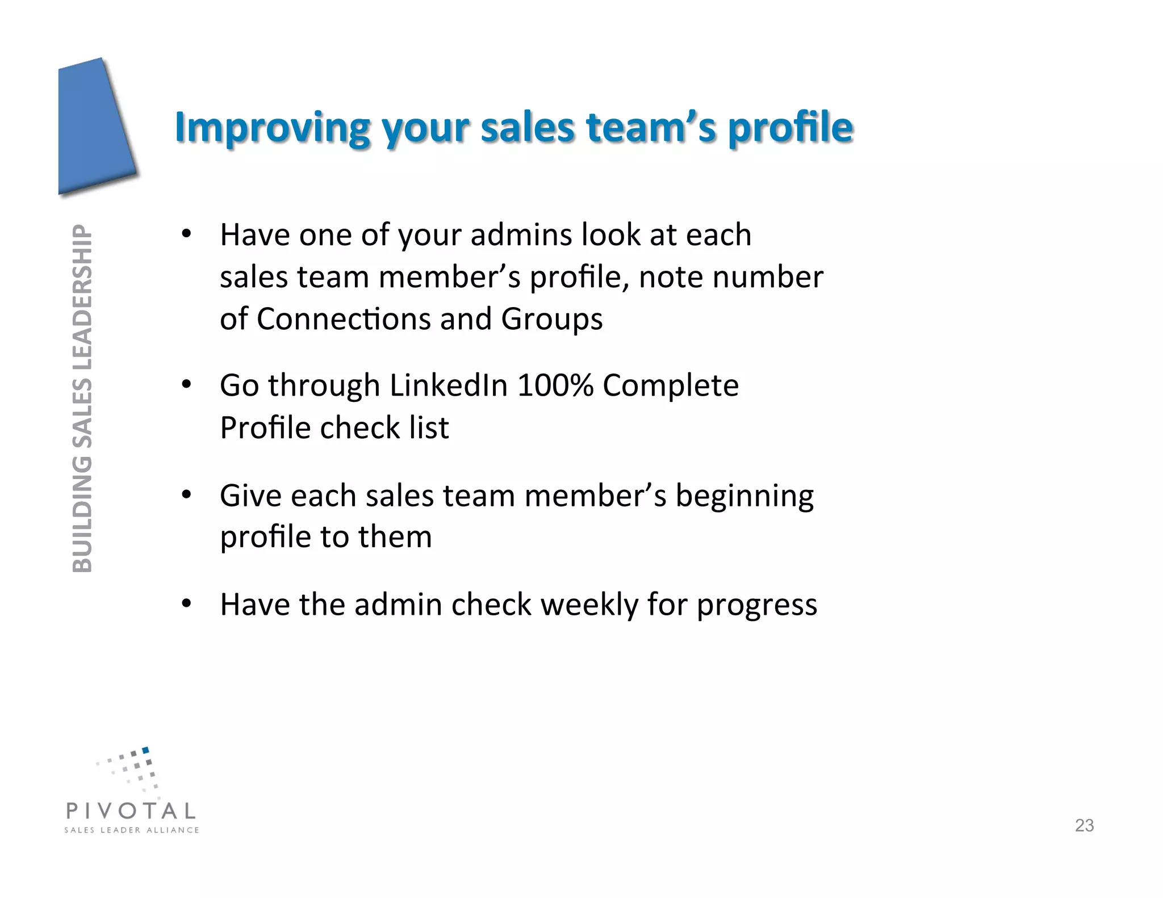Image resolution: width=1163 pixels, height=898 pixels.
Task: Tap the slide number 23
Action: tap(1084, 825)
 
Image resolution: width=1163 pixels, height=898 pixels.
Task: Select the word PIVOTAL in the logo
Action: tap(131, 811)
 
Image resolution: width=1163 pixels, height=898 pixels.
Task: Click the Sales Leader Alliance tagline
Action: tap(132, 830)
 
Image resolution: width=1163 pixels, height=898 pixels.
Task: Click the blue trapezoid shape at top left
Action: tap(94, 128)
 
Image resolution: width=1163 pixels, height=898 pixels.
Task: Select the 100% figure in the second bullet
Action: tap(555, 385)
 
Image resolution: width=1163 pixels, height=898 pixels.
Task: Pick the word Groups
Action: tap(551, 319)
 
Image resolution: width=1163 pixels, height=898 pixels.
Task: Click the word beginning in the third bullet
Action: tap(744, 496)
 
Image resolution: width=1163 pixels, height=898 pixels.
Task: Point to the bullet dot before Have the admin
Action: tap(186, 603)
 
